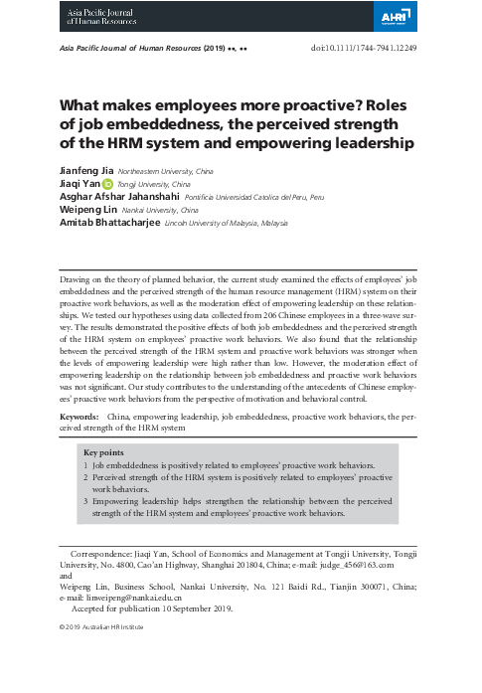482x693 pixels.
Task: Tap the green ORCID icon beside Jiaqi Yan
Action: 108,184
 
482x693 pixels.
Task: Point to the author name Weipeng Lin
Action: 88,211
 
